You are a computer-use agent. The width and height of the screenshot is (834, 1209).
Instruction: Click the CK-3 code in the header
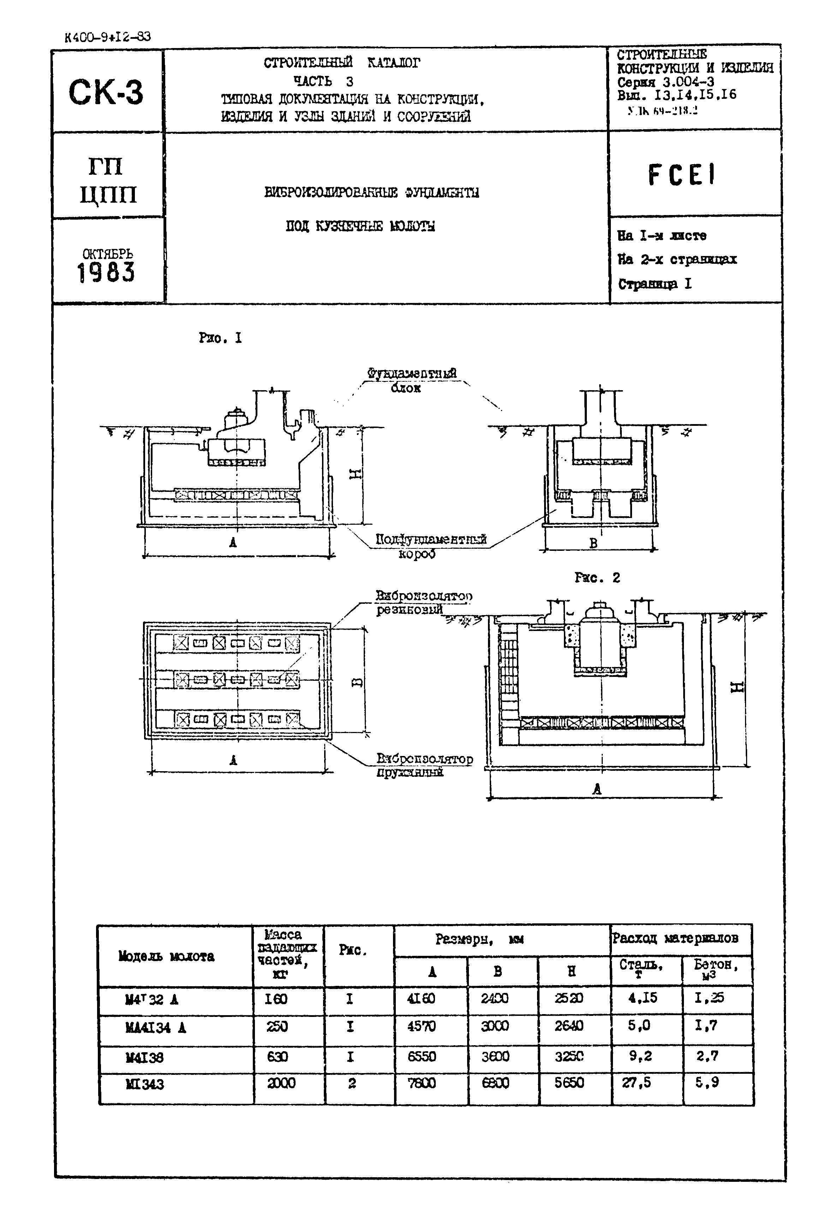point(106,93)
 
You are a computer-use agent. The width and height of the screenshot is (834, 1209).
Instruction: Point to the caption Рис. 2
point(597,577)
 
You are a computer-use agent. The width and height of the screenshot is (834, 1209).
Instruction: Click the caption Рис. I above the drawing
point(220,338)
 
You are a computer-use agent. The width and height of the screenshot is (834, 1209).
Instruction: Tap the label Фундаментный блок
point(411,380)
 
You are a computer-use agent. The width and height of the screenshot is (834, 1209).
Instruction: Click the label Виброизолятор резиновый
point(423,602)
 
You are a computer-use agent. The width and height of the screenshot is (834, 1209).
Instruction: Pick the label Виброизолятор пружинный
point(424,765)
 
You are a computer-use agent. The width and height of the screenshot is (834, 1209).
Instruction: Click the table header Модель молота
point(166,956)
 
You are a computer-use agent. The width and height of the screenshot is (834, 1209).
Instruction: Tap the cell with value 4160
point(421,999)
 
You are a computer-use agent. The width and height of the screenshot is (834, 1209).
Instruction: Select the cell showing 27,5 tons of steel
point(637,1082)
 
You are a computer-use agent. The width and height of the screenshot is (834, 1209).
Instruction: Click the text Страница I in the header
point(655,284)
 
